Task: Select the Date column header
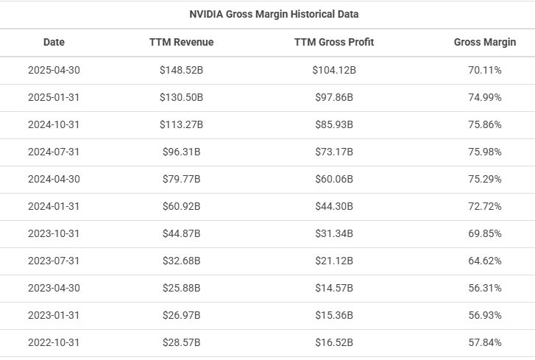click(x=54, y=42)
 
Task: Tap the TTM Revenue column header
click(x=181, y=42)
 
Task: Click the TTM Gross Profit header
click(x=334, y=42)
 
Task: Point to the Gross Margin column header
click(x=485, y=42)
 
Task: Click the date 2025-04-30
click(x=54, y=70)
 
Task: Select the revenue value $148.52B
click(x=181, y=70)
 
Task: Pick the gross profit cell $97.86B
click(x=334, y=97)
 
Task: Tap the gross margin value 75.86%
click(x=485, y=124)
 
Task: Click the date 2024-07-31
click(x=54, y=152)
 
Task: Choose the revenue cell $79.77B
click(x=181, y=179)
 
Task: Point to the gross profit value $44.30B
click(x=334, y=206)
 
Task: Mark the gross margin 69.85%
click(x=485, y=233)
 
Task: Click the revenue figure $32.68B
click(x=181, y=261)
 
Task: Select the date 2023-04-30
click(x=54, y=288)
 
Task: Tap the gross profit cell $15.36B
click(x=334, y=315)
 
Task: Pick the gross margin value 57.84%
click(x=485, y=342)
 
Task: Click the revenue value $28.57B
click(x=181, y=342)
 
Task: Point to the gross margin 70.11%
click(x=485, y=70)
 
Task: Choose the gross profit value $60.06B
click(x=334, y=179)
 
